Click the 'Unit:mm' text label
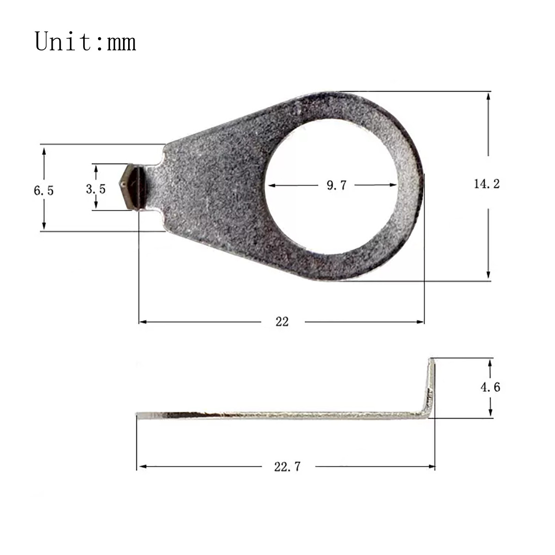(85, 42)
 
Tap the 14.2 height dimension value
(487, 184)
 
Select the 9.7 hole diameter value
(336, 185)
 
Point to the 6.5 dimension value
(44, 191)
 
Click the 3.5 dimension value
(96, 189)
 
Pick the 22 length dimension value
(282, 321)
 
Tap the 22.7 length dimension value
(287, 467)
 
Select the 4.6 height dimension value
(490, 388)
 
